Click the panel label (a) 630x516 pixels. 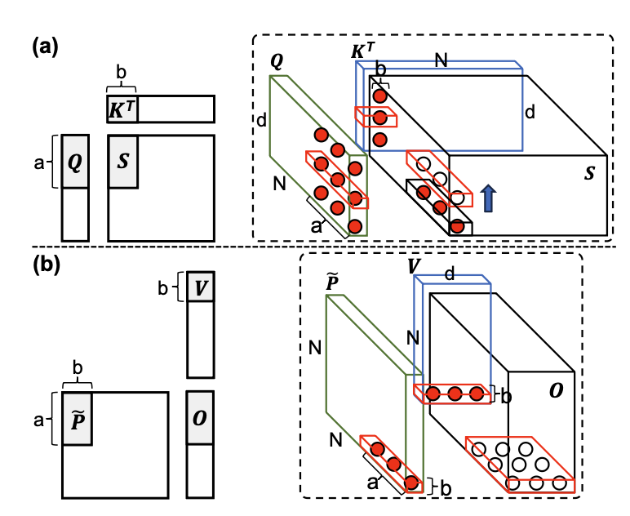coord(45,47)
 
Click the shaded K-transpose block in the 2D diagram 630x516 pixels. coord(121,109)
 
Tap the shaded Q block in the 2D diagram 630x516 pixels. coord(74,162)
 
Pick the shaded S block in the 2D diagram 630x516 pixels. coord(122,162)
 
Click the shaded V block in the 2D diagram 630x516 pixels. coord(201,288)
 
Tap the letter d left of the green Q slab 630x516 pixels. coord(261,121)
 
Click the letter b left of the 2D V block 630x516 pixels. coord(164,288)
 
